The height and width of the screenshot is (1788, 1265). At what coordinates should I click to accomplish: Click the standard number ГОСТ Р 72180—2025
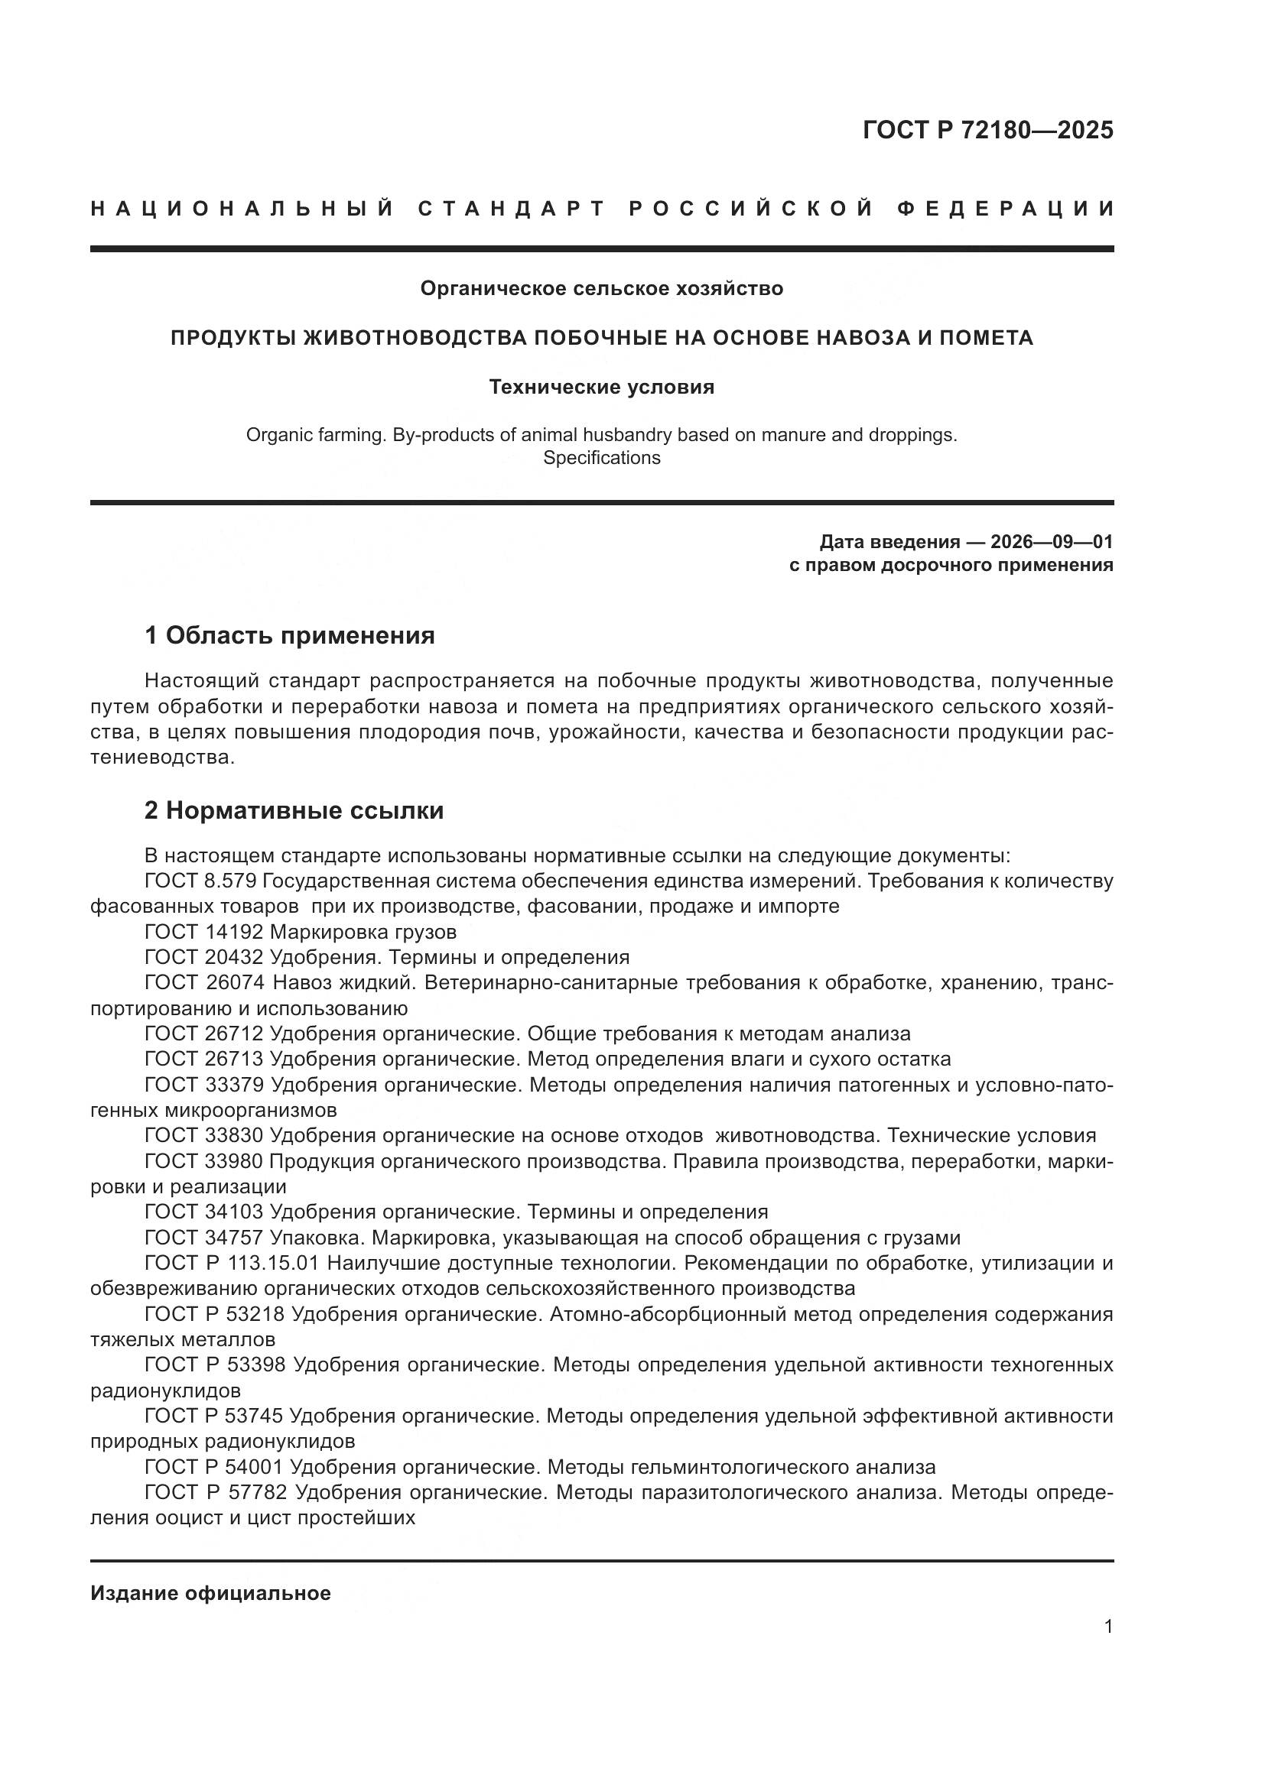pos(987,130)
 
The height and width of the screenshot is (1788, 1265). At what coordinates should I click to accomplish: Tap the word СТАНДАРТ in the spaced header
pos(512,209)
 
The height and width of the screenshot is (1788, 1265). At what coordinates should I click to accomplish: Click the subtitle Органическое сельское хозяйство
pos(601,289)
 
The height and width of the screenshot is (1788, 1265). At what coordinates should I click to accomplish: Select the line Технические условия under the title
pos(601,387)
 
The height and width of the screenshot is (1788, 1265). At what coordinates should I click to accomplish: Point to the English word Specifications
pos(601,458)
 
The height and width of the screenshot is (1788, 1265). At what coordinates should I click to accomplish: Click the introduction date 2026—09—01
pos(1052,542)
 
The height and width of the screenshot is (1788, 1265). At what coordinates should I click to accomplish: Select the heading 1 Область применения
pos(289,636)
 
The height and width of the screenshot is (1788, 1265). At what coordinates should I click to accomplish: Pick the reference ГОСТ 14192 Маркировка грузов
pos(301,932)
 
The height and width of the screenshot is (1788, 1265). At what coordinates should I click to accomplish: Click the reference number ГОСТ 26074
pos(205,983)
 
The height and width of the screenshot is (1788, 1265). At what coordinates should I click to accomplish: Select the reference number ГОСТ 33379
pos(205,1085)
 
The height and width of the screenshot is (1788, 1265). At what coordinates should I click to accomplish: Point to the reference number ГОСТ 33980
pos(205,1161)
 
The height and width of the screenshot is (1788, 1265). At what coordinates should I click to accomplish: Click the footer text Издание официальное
pos(210,1593)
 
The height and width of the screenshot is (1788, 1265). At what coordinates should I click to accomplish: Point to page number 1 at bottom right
pos(1107,1627)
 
